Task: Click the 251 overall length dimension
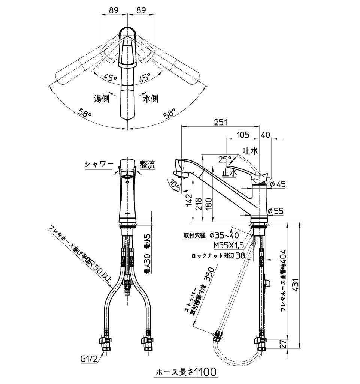(221, 122)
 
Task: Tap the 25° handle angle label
(225, 159)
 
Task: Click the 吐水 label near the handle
(250, 151)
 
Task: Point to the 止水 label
(229, 173)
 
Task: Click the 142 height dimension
(190, 202)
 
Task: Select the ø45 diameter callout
(278, 184)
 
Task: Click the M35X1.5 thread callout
(229, 245)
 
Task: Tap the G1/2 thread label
(89, 359)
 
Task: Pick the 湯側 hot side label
(101, 99)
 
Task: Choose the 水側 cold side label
(150, 99)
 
